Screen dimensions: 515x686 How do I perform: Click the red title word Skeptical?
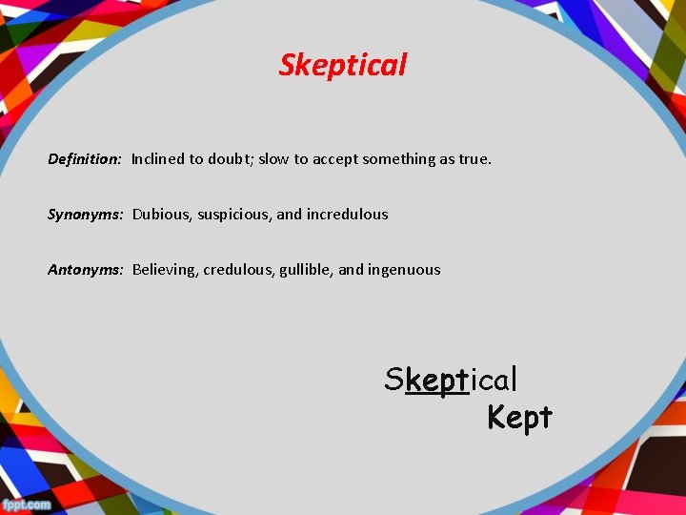tap(343, 65)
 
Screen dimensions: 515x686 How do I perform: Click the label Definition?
tap(85, 159)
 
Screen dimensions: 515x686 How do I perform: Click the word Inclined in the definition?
tap(157, 159)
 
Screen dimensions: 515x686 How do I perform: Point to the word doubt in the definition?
tap(227, 159)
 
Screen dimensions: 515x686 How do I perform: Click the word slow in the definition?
tap(273, 159)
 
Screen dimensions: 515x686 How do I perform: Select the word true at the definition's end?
tap(474, 159)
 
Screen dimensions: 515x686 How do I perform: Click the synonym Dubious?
tap(162, 215)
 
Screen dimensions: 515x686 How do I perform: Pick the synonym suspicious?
tap(234, 215)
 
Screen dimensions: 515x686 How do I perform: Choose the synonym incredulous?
tap(347, 215)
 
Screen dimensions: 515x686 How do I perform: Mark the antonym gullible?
tap(306, 270)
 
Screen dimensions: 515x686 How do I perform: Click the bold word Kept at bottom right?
tap(519, 417)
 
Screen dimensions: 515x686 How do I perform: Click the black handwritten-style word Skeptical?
tap(451, 380)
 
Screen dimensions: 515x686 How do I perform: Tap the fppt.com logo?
tap(26, 505)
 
